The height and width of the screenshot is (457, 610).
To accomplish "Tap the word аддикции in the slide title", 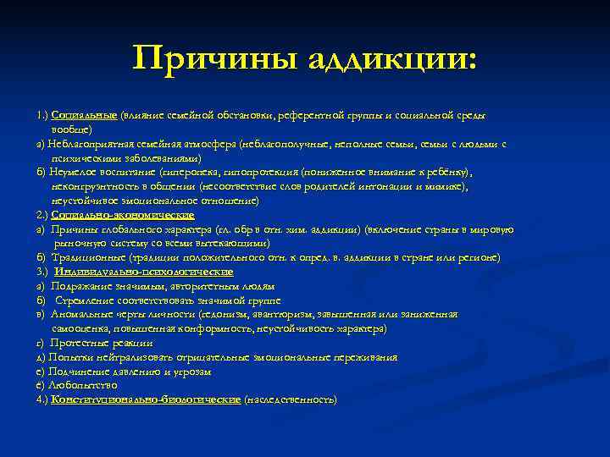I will tap(390, 59).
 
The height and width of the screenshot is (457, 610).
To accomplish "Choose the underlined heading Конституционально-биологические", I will tap(146, 399).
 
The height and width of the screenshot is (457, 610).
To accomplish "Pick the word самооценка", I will tap(82, 328).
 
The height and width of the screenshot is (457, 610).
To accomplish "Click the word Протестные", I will tap(83, 343).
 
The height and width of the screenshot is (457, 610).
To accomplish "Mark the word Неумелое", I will tap(71, 173).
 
